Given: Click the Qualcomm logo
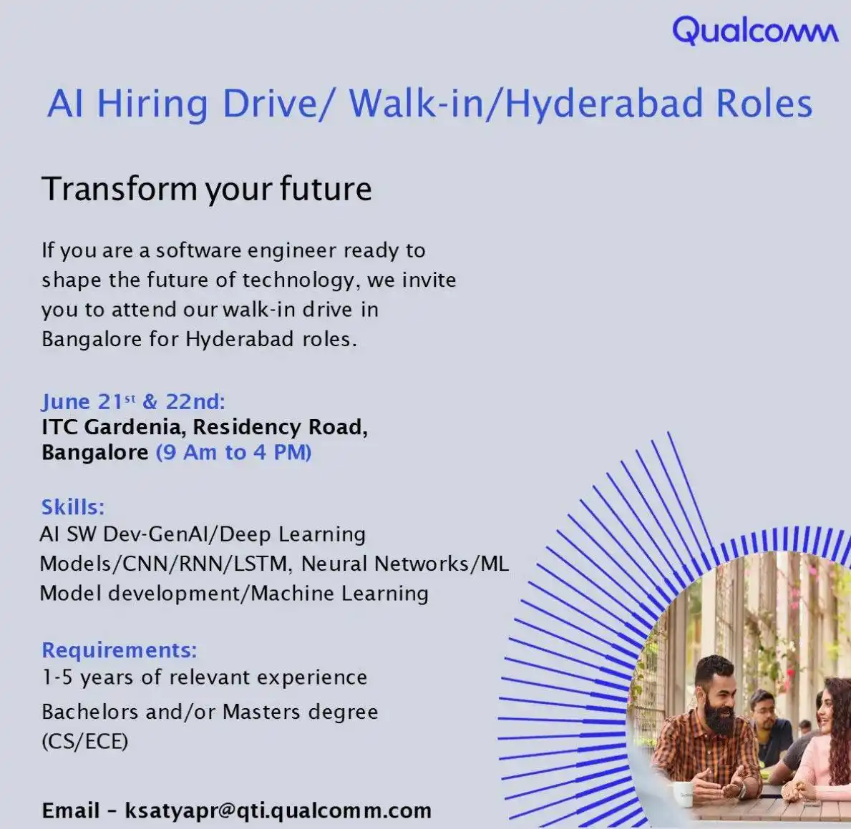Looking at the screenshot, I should [x=754, y=31].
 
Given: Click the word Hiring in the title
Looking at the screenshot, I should [x=152, y=104].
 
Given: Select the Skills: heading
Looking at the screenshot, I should [x=72, y=507].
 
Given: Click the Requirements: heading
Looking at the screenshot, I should [x=119, y=649].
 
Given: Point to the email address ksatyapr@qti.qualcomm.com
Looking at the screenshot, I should [x=278, y=810].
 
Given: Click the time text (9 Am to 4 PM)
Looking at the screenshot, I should [x=233, y=452].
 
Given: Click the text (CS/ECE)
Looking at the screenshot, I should [x=84, y=741].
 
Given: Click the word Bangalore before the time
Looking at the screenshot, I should [x=94, y=452].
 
